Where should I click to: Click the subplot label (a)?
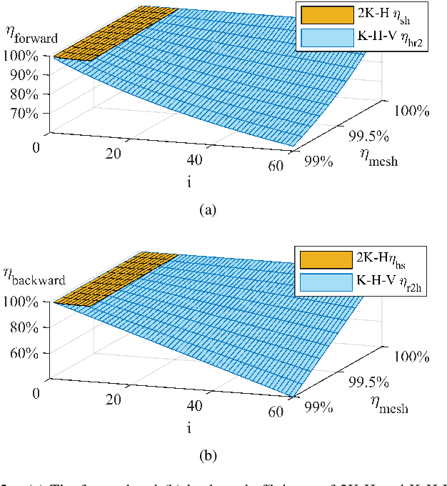206,209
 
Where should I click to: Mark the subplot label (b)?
206,455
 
